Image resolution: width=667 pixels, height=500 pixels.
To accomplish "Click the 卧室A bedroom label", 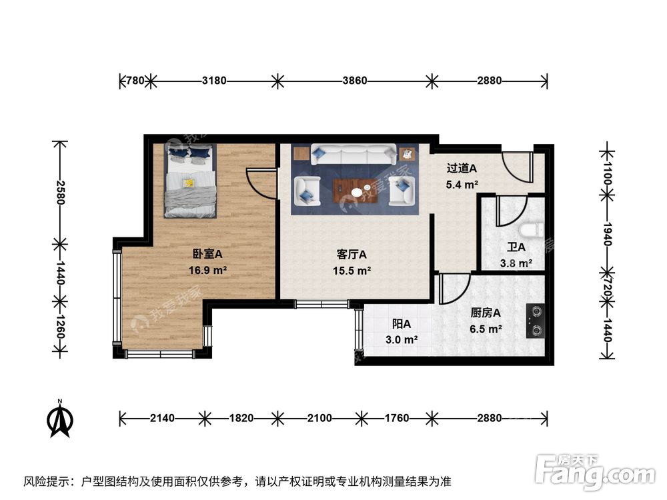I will coord(207,254).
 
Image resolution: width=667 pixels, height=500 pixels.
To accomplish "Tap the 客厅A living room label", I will coord(352,254).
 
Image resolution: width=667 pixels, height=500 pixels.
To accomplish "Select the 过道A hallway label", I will coord(462,167).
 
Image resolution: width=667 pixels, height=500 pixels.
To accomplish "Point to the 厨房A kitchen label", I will coord(486,312).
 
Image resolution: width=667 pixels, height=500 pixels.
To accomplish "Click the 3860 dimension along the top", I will coord(355,81).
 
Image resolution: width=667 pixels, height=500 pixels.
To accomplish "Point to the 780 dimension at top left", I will coord(135,81).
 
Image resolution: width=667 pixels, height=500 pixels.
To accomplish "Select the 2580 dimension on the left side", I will coord(61,193).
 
